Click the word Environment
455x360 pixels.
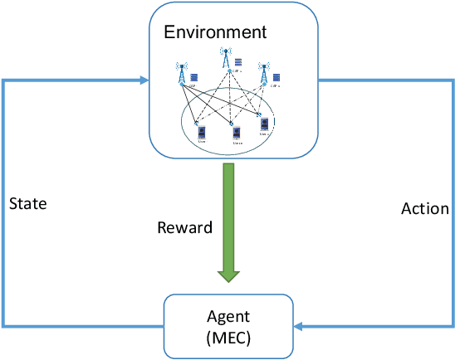[x=215, y=33]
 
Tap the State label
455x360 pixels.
[x=27, y=202]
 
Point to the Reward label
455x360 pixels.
[x=184, y=227]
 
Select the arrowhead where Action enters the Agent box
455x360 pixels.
[x=298, y=326]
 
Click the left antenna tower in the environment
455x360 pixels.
[x=182, y=73]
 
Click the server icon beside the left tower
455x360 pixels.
[x=194, y=78]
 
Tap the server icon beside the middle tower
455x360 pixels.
[x=238, y=62]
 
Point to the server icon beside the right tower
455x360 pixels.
[x=277, y=77]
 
